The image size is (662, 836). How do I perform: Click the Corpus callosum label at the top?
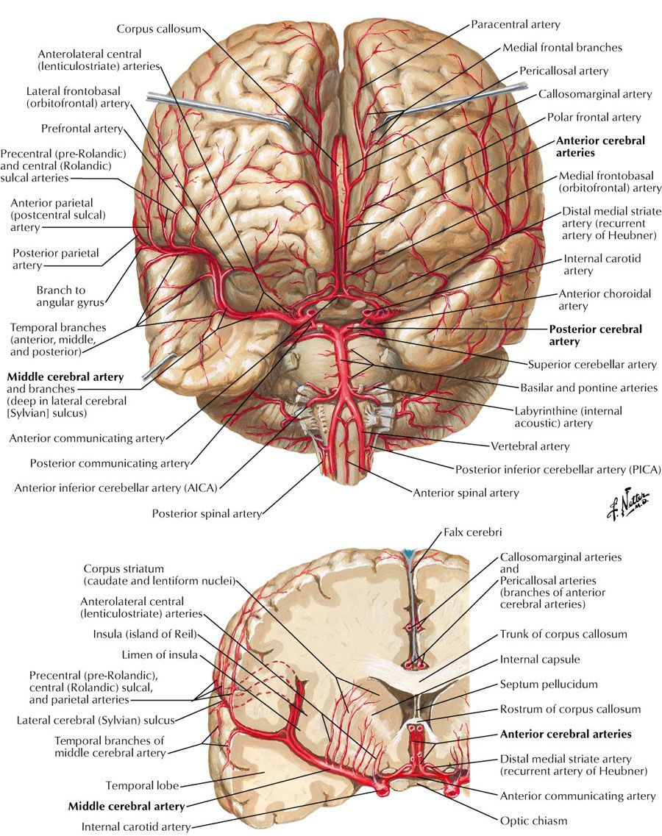[x=158, y=29]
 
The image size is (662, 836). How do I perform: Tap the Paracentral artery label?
[x=516, y=25]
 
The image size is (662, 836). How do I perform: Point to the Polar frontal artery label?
[x=594, y=117]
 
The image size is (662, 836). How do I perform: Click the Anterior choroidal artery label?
[x=605, y=299]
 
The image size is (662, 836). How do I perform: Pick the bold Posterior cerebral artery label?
[x=595, y=335]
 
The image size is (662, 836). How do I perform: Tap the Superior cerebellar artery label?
[x=592, y=364]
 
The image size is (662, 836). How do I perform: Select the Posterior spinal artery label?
[x=207, y=514]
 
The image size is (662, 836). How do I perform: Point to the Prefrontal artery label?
[x=82, y=129]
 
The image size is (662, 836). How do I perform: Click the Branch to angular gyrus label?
[x=70, y=296]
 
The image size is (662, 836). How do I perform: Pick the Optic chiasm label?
[x=533, y=821]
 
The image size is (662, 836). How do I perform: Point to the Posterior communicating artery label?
[x=110, y=463]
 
